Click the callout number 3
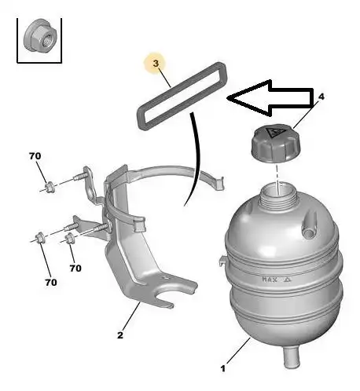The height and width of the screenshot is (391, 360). click(x=156, y=64)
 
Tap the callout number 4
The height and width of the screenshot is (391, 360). click(x=321, y=97)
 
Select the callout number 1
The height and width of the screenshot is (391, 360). click(x=223, y=369)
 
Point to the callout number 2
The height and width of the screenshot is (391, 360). click(x=120, y=335)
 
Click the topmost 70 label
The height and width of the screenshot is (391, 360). click(x=35, y=156)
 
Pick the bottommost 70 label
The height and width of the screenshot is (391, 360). click(x=51, y=283)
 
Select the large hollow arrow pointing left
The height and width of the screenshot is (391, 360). click(x=270, y=97)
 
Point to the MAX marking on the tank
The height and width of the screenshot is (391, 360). click(x=270, y=280)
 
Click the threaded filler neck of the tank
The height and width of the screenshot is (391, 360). click(x=278, y=195)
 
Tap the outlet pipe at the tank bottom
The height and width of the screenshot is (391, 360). click(x=292, y=356)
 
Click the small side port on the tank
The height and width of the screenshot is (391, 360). click(x=309, y=225)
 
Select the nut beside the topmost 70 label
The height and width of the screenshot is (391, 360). click(x=50, y=188)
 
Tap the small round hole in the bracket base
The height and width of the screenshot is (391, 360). click(x=165, y=277)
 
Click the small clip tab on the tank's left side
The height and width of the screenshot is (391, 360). click(x=222, y=261)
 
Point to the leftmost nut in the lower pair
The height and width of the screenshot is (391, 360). click(x=40, y=237)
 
